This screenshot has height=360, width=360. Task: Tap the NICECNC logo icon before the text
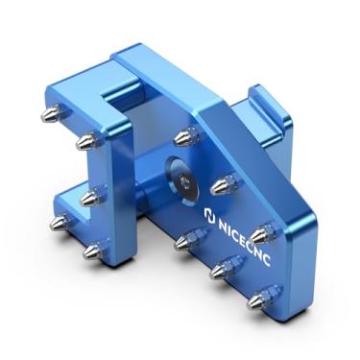[210, 216]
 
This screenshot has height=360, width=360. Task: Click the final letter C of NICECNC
[266, 259]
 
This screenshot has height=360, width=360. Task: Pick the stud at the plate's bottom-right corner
[259, 300]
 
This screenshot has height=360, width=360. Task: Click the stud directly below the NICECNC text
[223, 270]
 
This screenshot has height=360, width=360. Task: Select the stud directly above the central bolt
[185, 137]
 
